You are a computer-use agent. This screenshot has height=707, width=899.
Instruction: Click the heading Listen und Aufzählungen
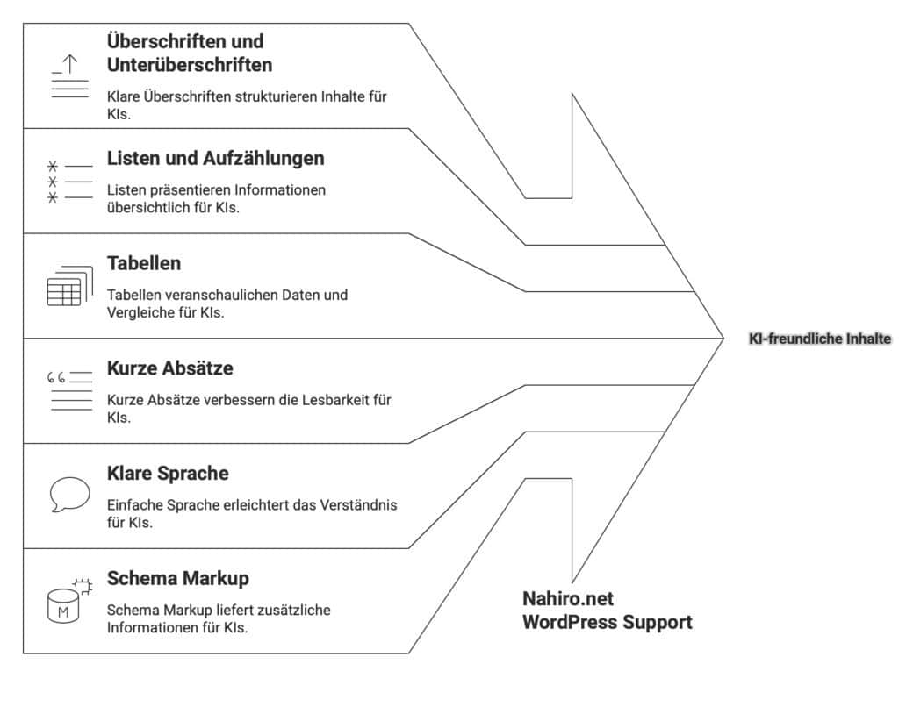(215, 159)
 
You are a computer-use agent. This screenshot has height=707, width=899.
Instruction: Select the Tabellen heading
(144, 263)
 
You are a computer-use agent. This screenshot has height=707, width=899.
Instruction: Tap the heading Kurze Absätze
(169, 368)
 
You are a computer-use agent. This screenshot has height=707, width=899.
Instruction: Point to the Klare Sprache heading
(168, 474)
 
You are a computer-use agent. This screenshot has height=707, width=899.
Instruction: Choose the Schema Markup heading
(177, 579)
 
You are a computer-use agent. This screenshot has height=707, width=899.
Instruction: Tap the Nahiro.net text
(568, 599)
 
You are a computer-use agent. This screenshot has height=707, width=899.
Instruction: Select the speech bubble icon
(69, 495)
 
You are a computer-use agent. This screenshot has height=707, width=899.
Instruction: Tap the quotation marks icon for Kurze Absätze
(57, 379)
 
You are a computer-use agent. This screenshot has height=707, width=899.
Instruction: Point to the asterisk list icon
(53, 182)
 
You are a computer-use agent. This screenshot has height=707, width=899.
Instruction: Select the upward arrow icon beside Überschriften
(69, 63)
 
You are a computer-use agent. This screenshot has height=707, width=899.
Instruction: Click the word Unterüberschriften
(189, 65)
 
